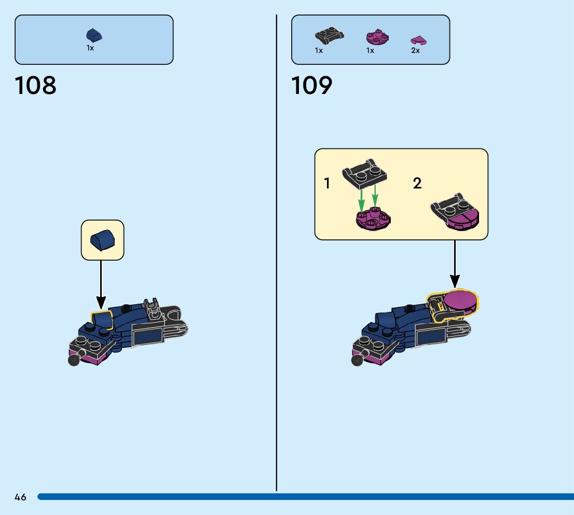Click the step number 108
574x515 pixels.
click(36, 86)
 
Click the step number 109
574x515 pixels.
click(311, 86)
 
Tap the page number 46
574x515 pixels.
click(20, 497)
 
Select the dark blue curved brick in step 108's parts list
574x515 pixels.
click(94, 35)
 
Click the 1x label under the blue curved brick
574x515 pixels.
click(90, 48)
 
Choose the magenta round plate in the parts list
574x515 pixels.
click(377, 37)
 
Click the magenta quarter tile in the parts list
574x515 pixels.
click(418, 40)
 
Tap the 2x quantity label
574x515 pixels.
click(415, 51)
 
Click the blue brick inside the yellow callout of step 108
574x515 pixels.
click(102, 241)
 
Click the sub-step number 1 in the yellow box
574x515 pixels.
click(327, 183)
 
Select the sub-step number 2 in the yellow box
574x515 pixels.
click(417, 183)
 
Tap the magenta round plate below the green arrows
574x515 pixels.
click(373, 220)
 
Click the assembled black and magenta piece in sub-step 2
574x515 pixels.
click(455, 213)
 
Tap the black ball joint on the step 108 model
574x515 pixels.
click(74, 360)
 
